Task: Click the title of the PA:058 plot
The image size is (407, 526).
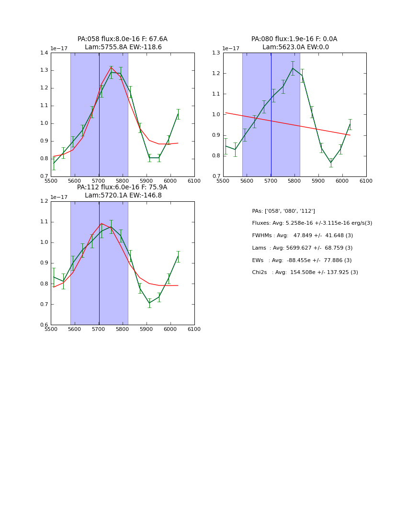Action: click(x=123, y=43)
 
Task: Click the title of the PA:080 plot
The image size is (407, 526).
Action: click(x=294, y=43)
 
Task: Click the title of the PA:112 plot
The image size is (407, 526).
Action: click(x=123, y=191)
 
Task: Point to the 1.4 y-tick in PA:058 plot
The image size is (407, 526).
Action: click(x=44, y=53)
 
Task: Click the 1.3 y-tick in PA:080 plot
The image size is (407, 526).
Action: click(x=216, y=53)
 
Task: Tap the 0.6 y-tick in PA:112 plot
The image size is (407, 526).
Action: click(x=44, y=325)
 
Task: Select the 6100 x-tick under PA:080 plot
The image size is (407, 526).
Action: click(x=366, y=180)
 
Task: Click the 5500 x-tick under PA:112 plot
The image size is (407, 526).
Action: click(x=51, y=329)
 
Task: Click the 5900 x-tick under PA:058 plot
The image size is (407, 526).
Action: click(x=147, y=180)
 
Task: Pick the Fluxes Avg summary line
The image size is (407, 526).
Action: click(x=312, y=223)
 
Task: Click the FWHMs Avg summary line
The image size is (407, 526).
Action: click(x=302, y=236)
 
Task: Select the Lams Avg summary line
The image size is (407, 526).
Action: click(x=302, y=248)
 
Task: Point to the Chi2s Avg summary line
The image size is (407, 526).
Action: click(x=305, y=273)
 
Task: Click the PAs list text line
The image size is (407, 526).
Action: click(x=283, y=211)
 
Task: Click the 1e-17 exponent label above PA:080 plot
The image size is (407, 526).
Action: click(x=231, y=49)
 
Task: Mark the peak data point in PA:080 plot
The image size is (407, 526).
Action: click(x=293, y=68)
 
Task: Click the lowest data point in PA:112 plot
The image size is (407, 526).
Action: click(x=149, y=303)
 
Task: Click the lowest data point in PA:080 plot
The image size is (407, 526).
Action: click(x=331, y=163)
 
